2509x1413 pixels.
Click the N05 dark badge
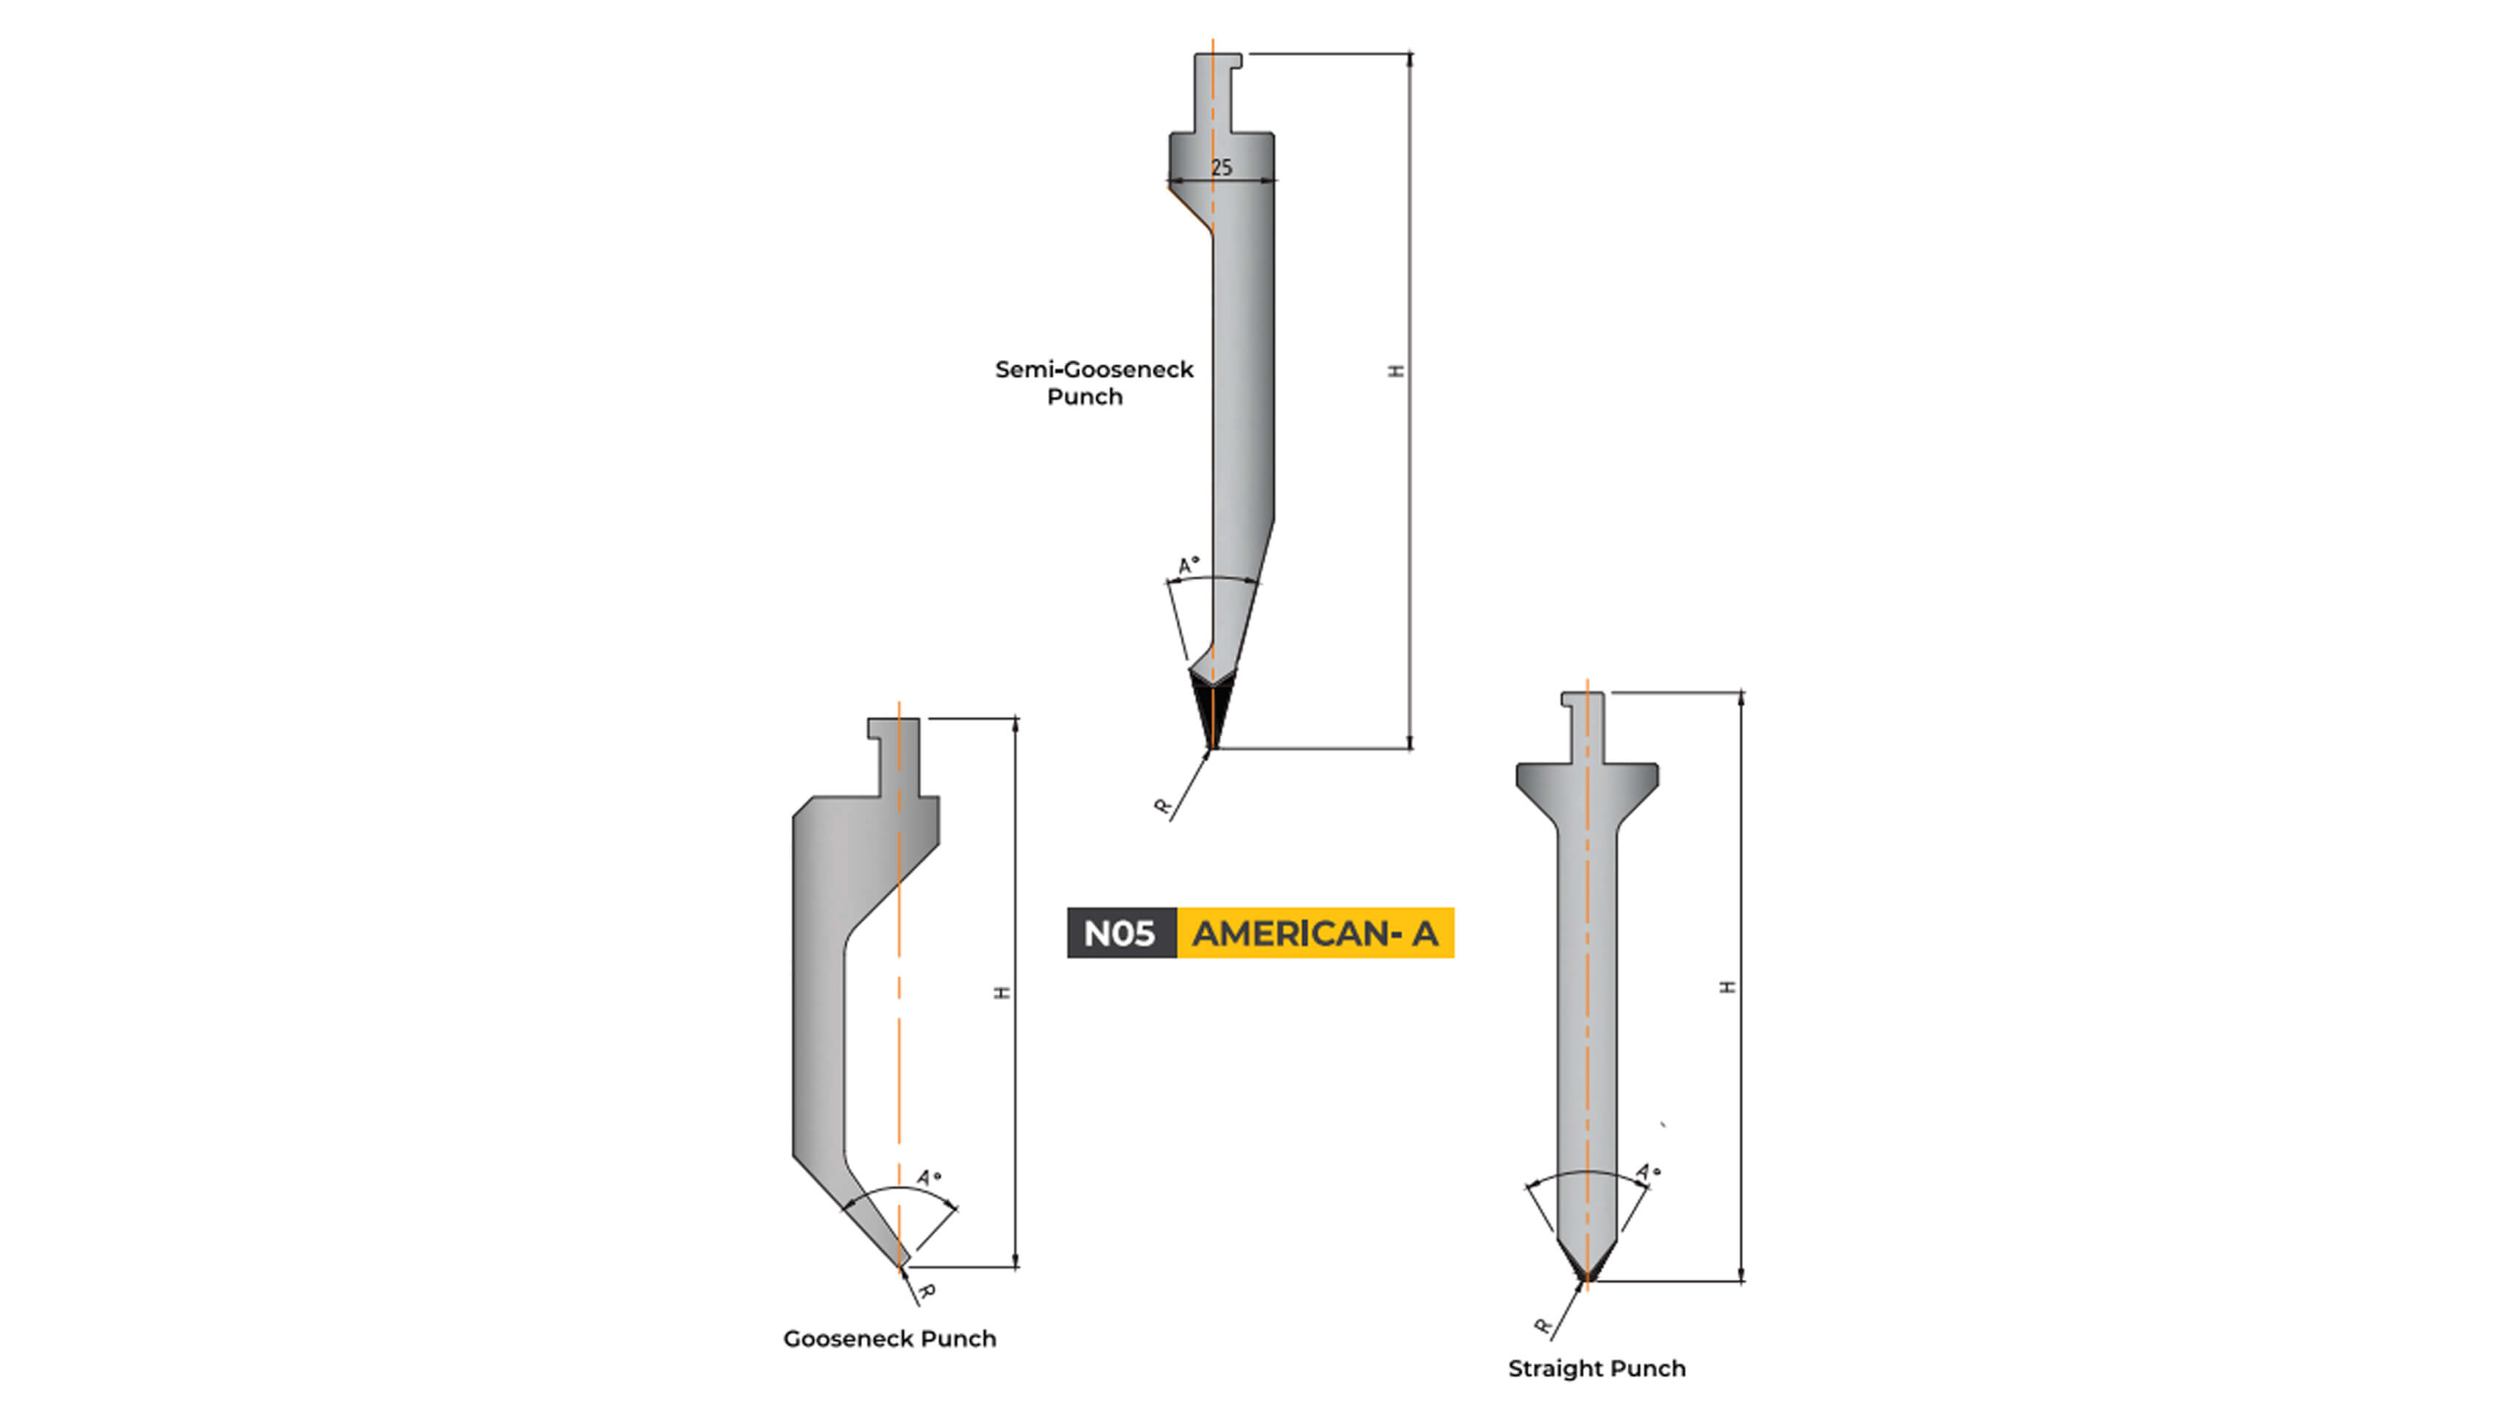[x=1120, y=933]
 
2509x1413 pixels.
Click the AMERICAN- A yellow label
[x=1315, y=933]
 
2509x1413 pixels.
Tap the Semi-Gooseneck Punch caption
[x=1093, y=383]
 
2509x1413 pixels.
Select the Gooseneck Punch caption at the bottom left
[x=889, y=1339]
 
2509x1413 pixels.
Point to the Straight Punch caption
[x=1596, y=1368]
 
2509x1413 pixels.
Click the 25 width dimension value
[x=1222, y=168]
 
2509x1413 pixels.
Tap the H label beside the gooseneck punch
[x=1002, y=992]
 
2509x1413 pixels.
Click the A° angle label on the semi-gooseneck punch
[x=1189, y=564]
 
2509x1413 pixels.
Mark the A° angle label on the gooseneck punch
[x=929, y=1178]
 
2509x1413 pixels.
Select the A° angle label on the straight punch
[x=1647, y=1172]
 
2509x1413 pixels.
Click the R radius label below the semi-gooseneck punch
[x=1162, y=807]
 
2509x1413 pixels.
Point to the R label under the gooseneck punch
[x=927, y=1292]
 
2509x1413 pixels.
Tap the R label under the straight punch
[x=1542, y=1326]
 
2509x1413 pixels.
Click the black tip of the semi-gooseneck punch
[x=1211, y=711]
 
